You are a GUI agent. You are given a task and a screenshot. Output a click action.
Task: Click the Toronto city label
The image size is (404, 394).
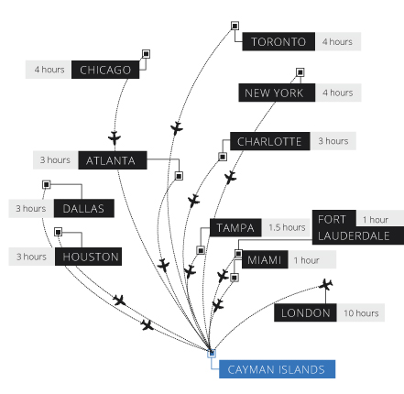tap(278, 41)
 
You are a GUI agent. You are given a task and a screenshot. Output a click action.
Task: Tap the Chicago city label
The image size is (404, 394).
tap(105, 70)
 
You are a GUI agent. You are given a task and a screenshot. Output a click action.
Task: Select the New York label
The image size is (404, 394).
tap(277, 93)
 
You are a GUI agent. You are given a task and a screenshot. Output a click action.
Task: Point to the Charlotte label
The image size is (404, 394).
tap(270, 141)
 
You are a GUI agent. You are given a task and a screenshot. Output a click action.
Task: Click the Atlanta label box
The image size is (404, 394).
tap(113, 160)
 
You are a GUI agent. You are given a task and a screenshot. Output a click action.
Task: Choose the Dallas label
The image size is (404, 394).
tap(84, 208)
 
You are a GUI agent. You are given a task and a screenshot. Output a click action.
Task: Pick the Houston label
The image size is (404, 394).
tap(88, 257)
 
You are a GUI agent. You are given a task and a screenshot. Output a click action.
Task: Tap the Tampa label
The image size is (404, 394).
tap(235, 227)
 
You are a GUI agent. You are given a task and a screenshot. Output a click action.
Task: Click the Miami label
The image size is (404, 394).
tap(265, 259)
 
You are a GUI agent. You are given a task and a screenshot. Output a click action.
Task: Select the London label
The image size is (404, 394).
tap(305, 312)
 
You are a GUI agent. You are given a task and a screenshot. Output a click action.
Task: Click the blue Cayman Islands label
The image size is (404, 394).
tap(277, 369)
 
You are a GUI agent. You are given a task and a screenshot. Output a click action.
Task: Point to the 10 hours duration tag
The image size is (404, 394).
tap(361, 312)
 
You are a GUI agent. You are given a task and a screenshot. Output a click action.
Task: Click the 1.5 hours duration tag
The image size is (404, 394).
tap(286, 227)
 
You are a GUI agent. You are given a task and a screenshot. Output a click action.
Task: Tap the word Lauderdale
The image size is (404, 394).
tap(354, 235)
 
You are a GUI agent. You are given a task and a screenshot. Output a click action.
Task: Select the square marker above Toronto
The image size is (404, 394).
tap(235, 26)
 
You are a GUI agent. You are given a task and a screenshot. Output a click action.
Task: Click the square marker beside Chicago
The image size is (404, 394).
tap(146, 54)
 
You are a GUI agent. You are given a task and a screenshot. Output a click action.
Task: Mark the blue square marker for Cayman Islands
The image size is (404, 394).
tap(212, 354)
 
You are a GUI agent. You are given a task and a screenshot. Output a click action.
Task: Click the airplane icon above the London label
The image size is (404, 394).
tap(326, 285)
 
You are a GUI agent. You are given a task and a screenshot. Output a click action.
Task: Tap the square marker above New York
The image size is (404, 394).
tap(300, 72)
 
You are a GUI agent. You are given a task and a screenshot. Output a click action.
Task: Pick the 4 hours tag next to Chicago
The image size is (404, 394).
tap(49, 70)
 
